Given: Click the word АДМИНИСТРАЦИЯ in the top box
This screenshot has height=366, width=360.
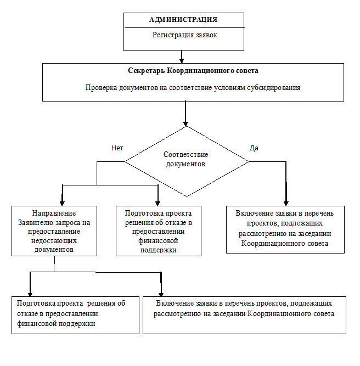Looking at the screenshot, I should click(183, 20).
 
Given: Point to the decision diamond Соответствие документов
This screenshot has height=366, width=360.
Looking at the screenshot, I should click(187, 161).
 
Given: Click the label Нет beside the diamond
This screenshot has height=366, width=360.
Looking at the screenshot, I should click(117, 148).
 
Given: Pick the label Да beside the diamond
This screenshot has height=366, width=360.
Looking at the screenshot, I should click(254, 148).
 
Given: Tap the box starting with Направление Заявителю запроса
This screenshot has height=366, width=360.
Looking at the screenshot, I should click(54, 230).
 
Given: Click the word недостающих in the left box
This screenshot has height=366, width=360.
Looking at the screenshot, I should click(54, 241).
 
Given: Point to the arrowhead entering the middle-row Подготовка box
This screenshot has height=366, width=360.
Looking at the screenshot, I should click(157, 201).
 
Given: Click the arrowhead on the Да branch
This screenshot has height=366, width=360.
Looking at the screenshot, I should click(286, 201).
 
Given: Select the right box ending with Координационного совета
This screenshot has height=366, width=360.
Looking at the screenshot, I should click(285, 229).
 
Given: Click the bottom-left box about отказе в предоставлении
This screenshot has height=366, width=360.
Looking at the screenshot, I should click(75, 314).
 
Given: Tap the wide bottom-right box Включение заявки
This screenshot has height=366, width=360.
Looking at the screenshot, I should click(245, 314).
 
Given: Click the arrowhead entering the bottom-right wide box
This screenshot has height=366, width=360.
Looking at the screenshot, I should click(161, 292).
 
